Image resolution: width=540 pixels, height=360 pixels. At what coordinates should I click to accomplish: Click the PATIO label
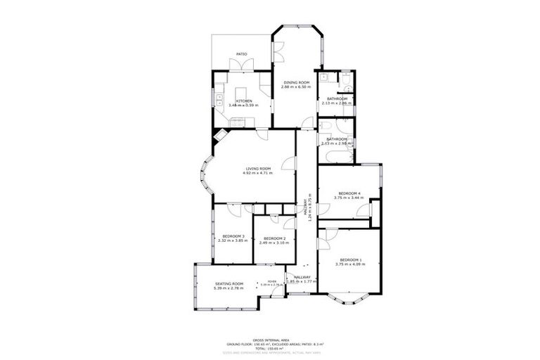click(x=241, y=53)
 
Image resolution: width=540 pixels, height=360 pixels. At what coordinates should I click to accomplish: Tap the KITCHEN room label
click(x=243, y=101)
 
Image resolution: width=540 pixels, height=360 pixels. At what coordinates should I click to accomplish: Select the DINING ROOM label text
click(x=296, y=82)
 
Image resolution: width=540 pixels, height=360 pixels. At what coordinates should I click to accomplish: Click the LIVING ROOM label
click(x=258, y=168)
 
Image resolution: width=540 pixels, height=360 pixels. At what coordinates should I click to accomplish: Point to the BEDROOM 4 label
click(x=349, y=193)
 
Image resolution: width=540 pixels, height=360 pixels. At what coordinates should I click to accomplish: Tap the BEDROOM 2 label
click(x=273, y=238)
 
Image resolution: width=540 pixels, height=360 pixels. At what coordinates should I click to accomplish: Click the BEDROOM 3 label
click(x=233, y=236)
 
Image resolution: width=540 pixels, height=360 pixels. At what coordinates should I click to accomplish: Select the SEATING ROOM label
click(x=228, y=283)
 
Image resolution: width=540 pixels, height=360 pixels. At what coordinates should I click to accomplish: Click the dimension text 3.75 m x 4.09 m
click(x=349, y=264)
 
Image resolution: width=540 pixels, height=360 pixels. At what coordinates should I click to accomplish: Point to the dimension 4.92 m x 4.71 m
click(x=258, y=173)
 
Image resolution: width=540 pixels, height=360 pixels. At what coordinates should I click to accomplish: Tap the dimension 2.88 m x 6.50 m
click(x=296, y=87)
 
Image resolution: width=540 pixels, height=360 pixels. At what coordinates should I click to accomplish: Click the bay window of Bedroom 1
click(x=349, y=299)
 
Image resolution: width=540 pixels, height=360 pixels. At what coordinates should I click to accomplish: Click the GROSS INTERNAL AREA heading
click(x=270, y=339)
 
